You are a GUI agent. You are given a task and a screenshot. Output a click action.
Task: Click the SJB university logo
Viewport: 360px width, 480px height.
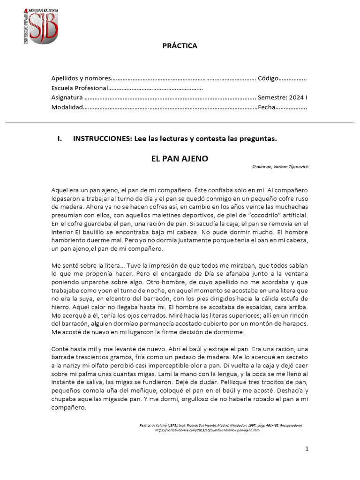(40, 27)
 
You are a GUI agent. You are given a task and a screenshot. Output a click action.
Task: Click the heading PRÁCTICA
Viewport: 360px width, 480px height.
(180, 46)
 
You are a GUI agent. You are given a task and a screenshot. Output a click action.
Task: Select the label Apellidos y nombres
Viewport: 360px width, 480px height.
(81, 78)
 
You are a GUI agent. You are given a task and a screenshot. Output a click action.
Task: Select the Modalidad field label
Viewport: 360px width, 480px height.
(67, 108)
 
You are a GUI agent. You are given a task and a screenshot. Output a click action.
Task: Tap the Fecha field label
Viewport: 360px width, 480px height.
(266, 108)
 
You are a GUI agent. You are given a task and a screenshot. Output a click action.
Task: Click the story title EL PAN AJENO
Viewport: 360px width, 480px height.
(180, 159)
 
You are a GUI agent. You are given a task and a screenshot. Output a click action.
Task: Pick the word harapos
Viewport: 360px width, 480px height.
(296, 324)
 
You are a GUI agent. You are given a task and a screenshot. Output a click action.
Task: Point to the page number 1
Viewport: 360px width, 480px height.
(307, 449)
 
